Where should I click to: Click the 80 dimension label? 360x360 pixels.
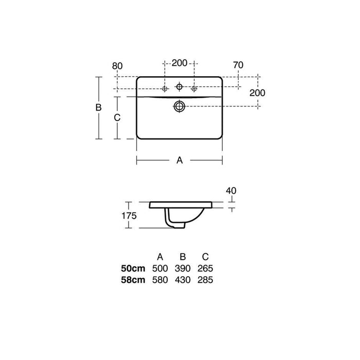pos(117,66)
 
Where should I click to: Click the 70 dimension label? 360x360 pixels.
pos(238,65)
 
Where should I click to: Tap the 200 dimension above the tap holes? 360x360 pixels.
pos(179,63)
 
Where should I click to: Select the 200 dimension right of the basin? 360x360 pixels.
pos(257,93)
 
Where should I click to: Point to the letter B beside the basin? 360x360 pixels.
pos(99,107)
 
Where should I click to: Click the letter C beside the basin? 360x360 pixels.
pos(117,118)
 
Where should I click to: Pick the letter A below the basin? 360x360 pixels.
pos(179,160)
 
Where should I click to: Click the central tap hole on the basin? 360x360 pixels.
pos(179,87)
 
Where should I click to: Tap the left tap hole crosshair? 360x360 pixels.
pos(165,88)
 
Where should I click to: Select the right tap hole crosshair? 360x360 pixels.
pos(194,88)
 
